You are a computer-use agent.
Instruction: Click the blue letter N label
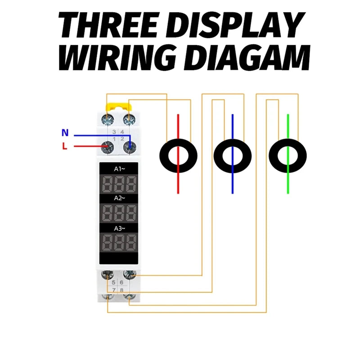point(65,133)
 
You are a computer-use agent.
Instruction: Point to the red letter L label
point(65,146)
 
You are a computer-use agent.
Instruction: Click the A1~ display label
point(119,169)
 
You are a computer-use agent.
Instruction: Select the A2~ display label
point(119,198)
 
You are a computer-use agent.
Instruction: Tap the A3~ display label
point(119,228)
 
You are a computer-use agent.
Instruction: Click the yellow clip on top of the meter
point(118,107)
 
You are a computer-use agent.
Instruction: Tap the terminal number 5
point(114,282)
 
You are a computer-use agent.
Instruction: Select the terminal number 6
point(121,282)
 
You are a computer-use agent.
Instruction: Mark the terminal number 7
point(114,290)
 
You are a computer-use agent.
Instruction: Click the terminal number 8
point(121,290)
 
